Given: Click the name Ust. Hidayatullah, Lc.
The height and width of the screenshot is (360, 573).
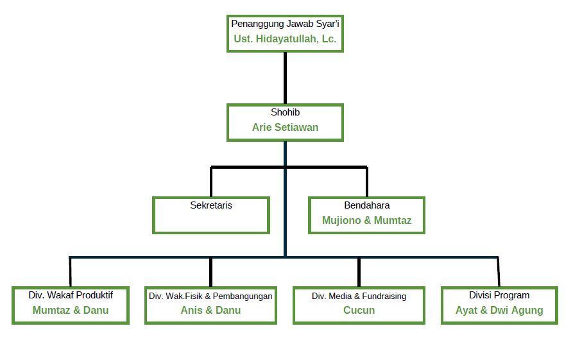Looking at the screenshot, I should (x=285, y=39).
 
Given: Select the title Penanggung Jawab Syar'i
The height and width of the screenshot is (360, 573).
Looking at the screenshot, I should (x=285, y=24).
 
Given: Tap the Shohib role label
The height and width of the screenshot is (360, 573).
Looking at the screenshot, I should (x=285, y=112).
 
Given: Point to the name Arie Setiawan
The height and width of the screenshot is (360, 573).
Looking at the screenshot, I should (x=285, y=127).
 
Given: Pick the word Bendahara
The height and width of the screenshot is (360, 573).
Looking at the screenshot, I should (x=367, y=205).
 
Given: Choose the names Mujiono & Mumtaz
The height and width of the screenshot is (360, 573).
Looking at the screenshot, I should (x=367, y=221).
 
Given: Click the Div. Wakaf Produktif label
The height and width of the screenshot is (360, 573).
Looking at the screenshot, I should (x=71, y=295).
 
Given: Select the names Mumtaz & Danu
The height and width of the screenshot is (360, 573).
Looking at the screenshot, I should (x=71, y=311).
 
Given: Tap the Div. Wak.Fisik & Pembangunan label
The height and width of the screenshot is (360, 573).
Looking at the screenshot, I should (x=210, y=296).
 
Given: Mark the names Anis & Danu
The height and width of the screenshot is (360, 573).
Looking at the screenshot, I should (x=210, y=311).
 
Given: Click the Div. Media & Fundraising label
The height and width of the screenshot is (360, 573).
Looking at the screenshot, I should (x=359, y=296).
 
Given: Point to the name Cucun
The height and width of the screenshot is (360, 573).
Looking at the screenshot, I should (x=359, y=311).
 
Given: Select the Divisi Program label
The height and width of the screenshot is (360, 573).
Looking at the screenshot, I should (x=499, y=295).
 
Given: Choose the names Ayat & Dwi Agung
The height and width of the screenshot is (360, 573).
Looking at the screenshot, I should (x=499, y=311).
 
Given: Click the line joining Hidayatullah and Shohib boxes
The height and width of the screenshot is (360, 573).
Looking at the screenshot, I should (x=286, y=78).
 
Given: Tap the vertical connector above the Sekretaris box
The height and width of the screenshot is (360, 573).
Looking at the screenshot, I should (x=211, y=182).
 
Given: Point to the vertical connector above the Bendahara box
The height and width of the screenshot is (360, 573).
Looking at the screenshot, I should (x=367, y=182).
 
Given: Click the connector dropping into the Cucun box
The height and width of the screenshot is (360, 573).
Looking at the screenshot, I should (x=359, y=272).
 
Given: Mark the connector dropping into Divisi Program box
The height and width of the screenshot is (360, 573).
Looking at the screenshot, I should (x=499, y=272).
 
